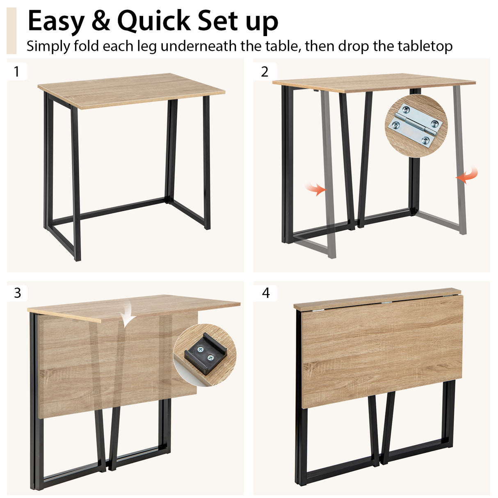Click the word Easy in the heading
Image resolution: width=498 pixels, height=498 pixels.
55,21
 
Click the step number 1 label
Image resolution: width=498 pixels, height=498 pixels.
16,72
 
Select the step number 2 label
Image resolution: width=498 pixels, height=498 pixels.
265,72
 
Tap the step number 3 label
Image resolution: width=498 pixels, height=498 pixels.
17,293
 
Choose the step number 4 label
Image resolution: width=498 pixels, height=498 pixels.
266,293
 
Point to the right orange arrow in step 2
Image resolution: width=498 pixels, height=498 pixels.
468,176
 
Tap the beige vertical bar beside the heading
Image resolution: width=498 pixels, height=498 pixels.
11,31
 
